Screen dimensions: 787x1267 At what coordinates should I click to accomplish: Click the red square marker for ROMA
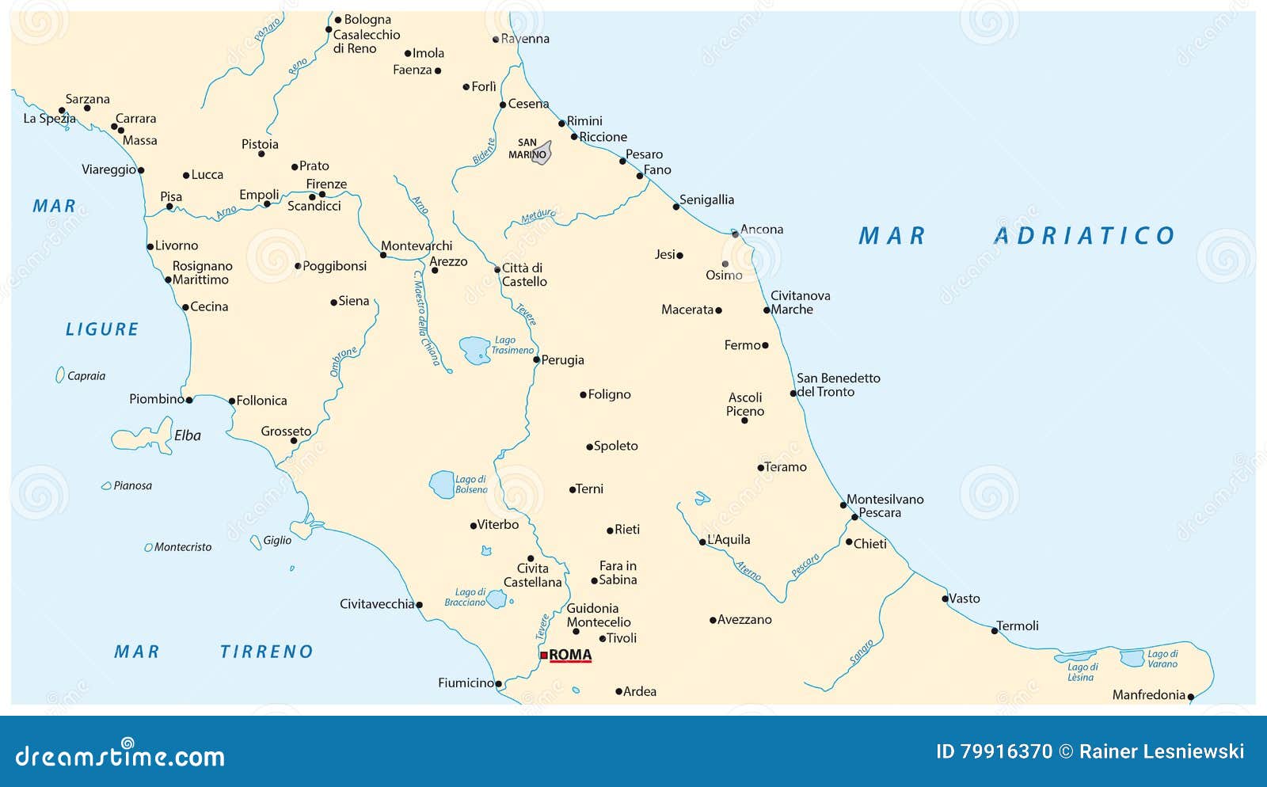tap(544, 655)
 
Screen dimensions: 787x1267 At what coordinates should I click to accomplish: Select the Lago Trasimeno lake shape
tap(475, 350)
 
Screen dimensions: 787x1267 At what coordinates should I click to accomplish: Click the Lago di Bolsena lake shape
tap(441, 484)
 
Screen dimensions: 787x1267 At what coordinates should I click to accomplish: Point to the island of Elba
tap(143, 438)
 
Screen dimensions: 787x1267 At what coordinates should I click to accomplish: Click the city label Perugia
tap(562, 360)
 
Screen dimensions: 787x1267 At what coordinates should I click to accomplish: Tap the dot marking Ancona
tap(735, 234)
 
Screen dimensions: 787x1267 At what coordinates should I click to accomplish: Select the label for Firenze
tap(326, 184)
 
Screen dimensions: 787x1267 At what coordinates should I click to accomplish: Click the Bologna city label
tap(367, 19)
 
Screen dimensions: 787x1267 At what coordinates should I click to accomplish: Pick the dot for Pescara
tap(854, 517)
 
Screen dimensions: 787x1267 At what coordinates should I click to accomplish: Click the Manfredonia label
tap(1148, 695)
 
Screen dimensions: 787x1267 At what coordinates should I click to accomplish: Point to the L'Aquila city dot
tap(702, 542)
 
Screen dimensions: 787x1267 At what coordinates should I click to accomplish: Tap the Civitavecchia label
tap(377, 604)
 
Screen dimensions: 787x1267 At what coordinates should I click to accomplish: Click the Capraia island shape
tap(59, 375)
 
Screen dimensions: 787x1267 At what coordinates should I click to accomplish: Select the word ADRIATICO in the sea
tap(1084, 236)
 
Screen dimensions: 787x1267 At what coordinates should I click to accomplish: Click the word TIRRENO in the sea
tap(267, 652)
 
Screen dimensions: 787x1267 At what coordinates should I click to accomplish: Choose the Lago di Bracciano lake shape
tap(496, 599)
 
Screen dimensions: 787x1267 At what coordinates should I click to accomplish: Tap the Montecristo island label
tap(183, 547)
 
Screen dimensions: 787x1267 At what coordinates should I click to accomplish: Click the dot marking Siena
tap(333, 302)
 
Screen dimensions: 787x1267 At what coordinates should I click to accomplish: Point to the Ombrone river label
tap(343, 361)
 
